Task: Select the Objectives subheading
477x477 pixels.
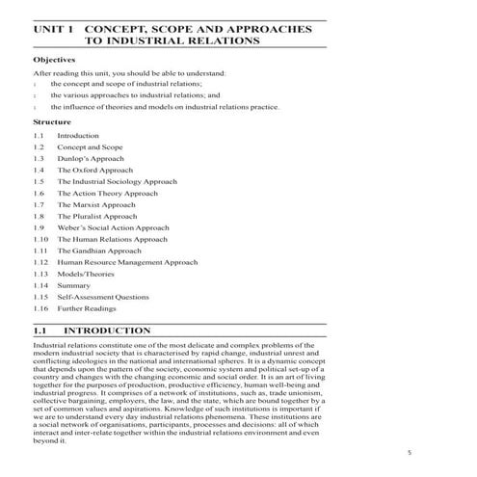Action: click(x=54, y=58)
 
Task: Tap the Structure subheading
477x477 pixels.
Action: click(x=52, y=122)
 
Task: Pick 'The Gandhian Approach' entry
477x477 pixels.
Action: click(x=98, y=251)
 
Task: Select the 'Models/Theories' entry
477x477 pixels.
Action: click(x=86, y=274)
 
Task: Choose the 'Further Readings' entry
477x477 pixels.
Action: click(x=88, y=308)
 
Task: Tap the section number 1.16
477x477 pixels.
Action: click(x=40, y=308)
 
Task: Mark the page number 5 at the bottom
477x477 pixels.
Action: click(x=409, y=451)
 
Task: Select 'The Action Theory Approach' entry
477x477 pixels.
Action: click(x=107, y=193)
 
